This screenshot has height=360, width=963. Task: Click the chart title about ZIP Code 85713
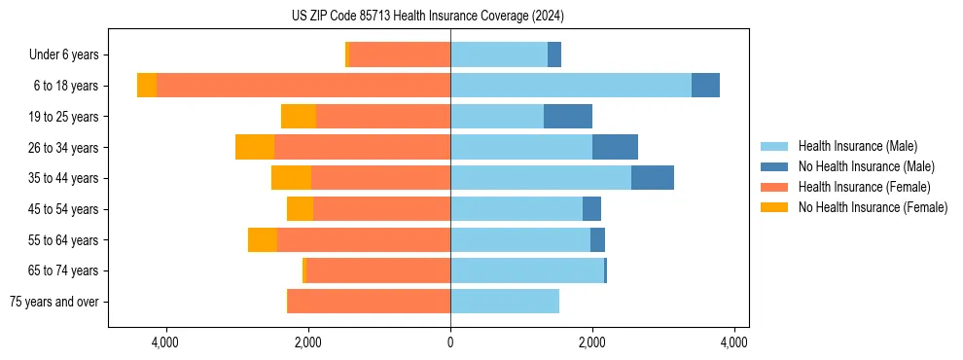[x=427, y=16]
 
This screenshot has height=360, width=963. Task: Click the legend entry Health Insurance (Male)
[x=857, y=146]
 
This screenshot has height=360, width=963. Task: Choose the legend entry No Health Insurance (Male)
[x=866, y=166]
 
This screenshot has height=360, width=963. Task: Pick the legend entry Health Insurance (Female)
[x=864, y=187]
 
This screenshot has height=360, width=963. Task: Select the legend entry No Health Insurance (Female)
[x=873, y=207]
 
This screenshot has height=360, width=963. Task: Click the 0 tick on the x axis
[x=450, y=342]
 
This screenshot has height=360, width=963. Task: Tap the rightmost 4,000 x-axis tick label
[x=734, y=342]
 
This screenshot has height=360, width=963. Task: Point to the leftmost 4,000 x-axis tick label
[x=165, y=342]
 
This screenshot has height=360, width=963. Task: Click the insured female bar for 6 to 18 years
[x=303, y=86]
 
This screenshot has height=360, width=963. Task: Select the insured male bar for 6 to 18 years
[x=571, y=86]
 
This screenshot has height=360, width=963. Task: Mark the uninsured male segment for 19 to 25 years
[x=568, y=117]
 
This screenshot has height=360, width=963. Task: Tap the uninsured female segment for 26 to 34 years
[x=255, y=147]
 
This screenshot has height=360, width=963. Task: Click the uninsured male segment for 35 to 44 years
[x=653, y=178]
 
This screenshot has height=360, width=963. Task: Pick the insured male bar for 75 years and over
[x=505, y=302]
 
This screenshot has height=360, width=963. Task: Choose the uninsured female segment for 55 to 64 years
[x=263, y=239]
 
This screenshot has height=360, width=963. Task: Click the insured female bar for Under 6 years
[x=400, y=54]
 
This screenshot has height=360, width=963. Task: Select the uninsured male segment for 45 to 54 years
[x=591, y=209]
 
